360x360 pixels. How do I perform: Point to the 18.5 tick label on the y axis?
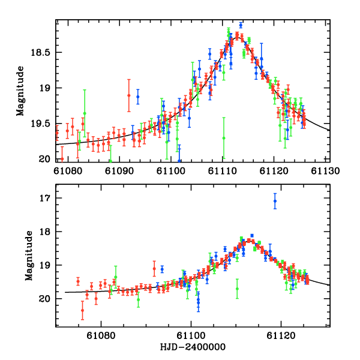[x=43, y=53]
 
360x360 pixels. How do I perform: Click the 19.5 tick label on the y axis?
[x=43, y=124]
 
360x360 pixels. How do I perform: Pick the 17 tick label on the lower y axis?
[x=47, y=198]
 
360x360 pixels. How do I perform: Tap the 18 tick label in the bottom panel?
[x=47, y=232]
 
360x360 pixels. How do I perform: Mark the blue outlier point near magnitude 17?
[x=275, y=202]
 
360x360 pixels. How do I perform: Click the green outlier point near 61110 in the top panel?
[x=224, y=137]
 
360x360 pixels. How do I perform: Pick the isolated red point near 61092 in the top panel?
[x=128, y=95]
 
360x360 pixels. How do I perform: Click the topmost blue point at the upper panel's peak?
[x=241, y=25]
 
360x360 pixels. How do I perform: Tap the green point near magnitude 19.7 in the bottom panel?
[x=237, y=288]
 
